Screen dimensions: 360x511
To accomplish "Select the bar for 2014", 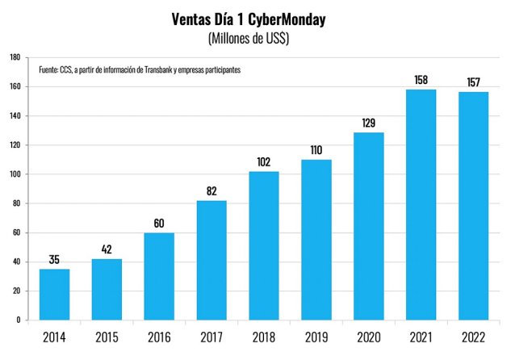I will click(x=54, y=295).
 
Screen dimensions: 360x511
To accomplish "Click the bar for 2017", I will click(x=211, y=260).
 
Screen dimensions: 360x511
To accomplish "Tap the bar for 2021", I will click(x=420, y=205).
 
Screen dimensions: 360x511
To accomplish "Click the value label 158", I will click(x=420, y=81).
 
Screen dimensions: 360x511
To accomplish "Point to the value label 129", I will click(x=368, y=123).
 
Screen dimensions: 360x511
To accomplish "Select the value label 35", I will click(x=54, y=260).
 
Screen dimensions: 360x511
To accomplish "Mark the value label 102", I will click(x=263, y=162).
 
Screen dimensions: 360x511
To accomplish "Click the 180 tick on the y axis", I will click(x=15, y=57).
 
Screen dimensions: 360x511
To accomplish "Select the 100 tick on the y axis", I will click(x=15, y=174).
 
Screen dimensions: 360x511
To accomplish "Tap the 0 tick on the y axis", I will click(x=19, y=320).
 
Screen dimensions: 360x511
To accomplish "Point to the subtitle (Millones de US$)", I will click(x=254, y=39).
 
